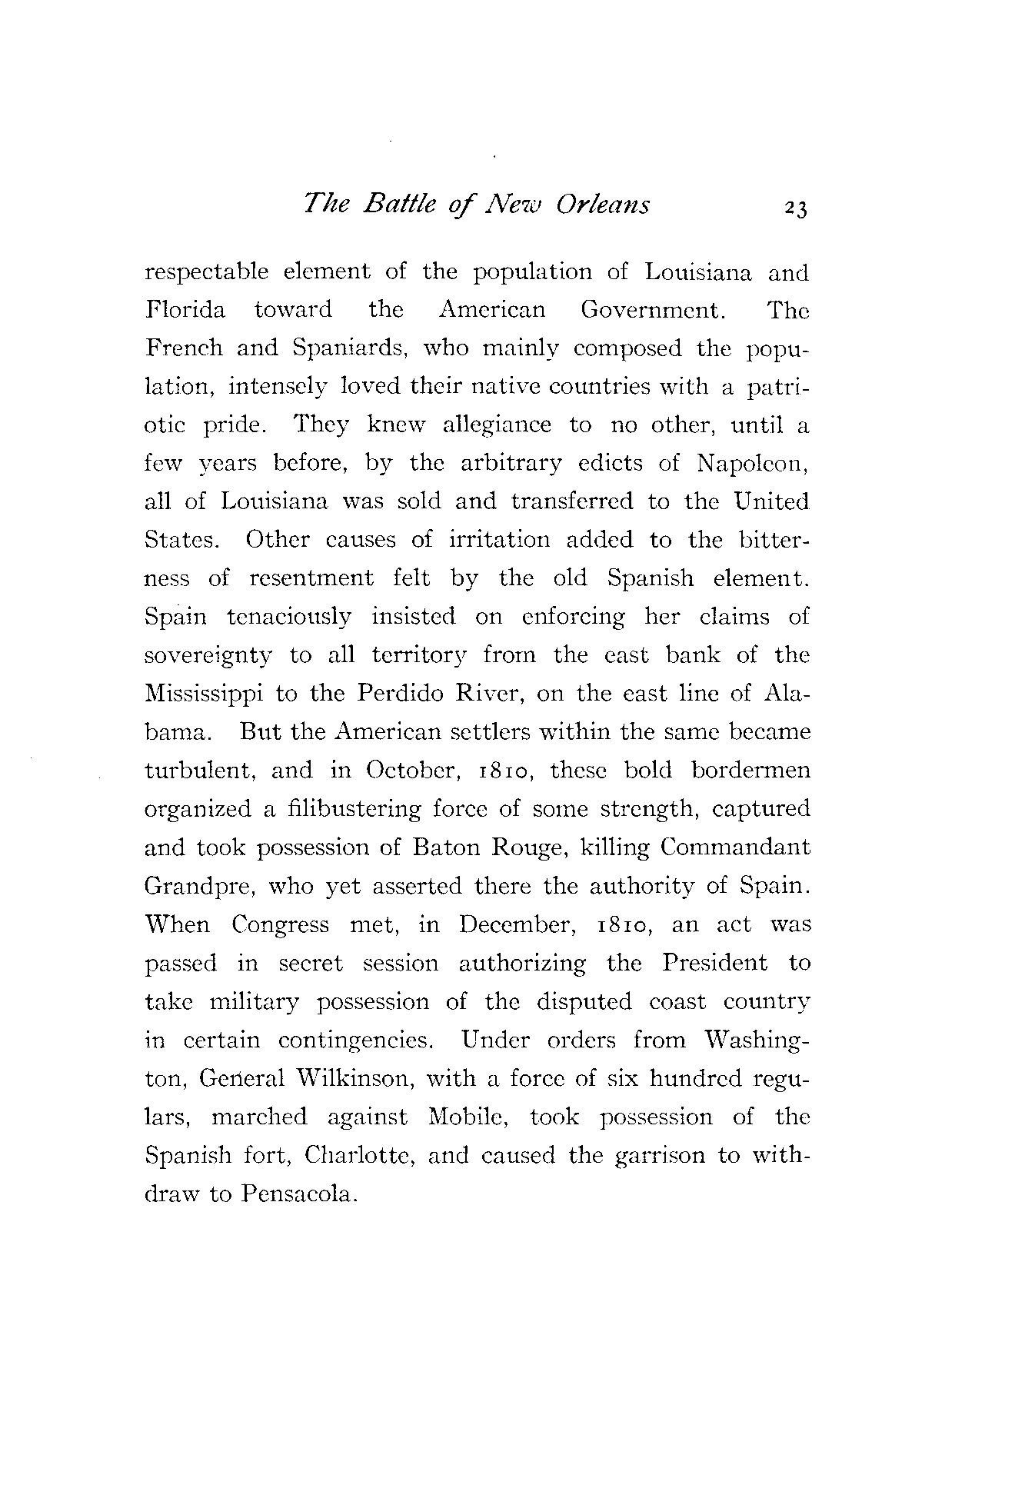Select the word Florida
[x=185, y=310]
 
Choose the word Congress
[x=281, y=924]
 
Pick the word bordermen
[x=750, y=770]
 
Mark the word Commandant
[x=735, y=847]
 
